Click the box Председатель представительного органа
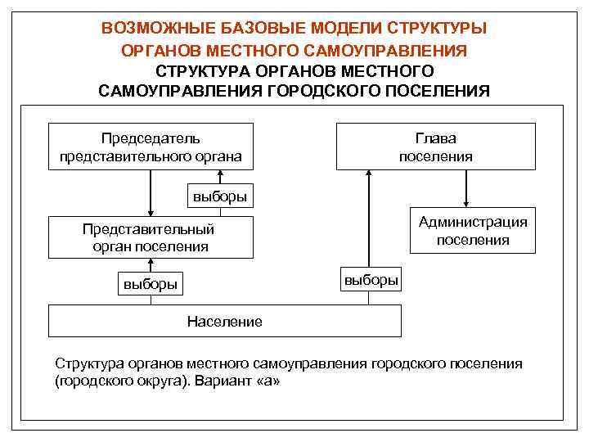point(151,147)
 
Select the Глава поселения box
point(435,147)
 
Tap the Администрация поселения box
point(473,231)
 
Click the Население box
point(225,321)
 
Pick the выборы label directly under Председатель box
point(219,196)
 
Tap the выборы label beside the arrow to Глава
point(371,279)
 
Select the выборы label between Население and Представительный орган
point(150,285)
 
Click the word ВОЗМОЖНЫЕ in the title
point(155,28)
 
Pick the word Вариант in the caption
point(223,381)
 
